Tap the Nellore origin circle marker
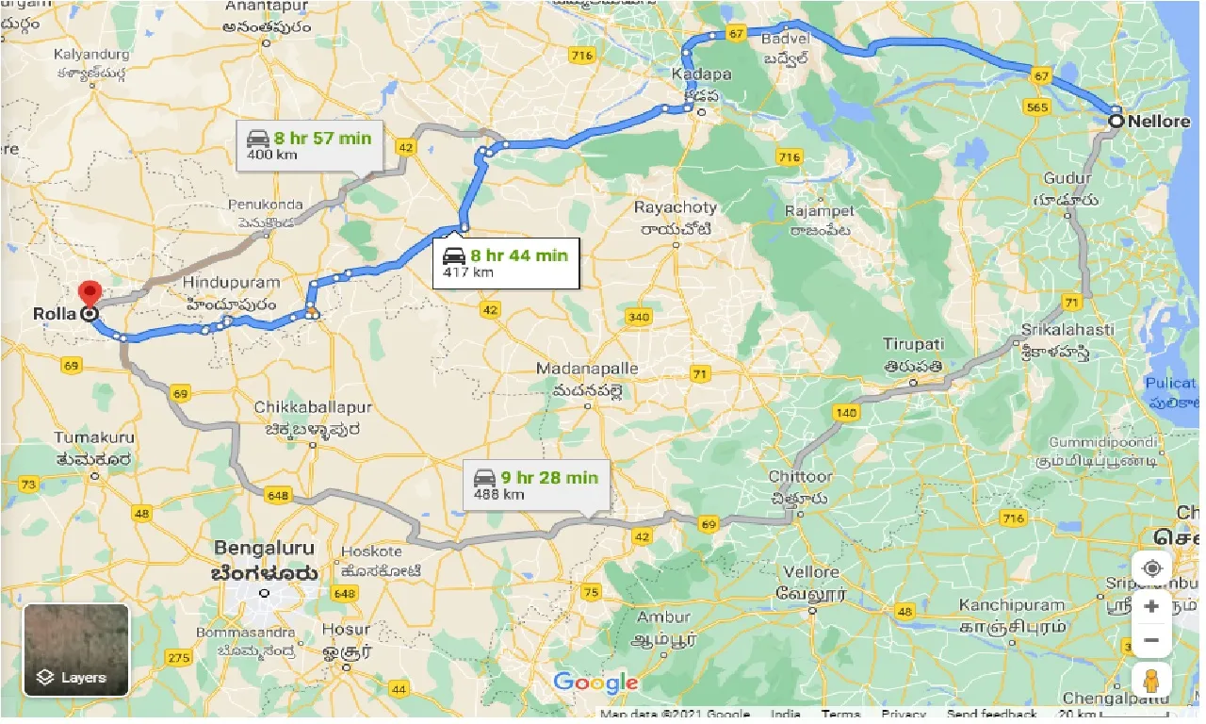(x=1116, y=121)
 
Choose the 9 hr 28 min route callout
(x=535, y=485)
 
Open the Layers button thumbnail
(x=76, y=650)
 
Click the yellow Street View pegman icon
(x=1151, y=680)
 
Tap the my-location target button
(x=1151, y=569)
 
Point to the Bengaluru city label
(x=265, y=547)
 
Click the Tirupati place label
(x=914, y=344)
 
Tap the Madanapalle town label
(x=587, y=369)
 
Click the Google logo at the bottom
(x=595, y=683)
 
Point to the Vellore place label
(x=811, y=572)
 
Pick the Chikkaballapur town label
(x=313, y=407)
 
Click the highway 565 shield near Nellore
(x=1036, y=107)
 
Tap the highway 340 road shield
(x=639, y=317)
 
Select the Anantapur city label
(x=268, y=8)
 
